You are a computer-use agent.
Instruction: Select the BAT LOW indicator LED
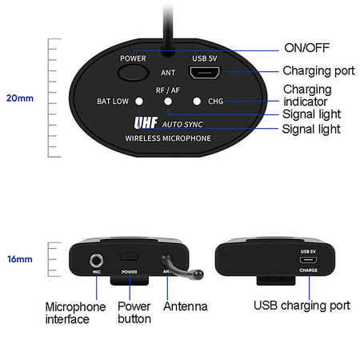(x=139, y=102)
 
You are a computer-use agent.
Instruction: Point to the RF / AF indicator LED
(x=169, y=102)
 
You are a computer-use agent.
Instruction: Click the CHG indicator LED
(x=198, y=102)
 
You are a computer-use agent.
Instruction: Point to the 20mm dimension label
(x=20, y=98)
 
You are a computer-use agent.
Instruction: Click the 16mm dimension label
(x=20, y=259)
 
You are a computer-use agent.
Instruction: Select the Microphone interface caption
(x=75, y=313)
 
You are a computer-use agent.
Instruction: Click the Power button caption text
(x=134, y=312)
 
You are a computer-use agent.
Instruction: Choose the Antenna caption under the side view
(x=185, y=306)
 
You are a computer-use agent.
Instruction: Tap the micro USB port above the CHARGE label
(x=308, y=260)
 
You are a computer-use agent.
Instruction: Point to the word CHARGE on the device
(x=308, y=270)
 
